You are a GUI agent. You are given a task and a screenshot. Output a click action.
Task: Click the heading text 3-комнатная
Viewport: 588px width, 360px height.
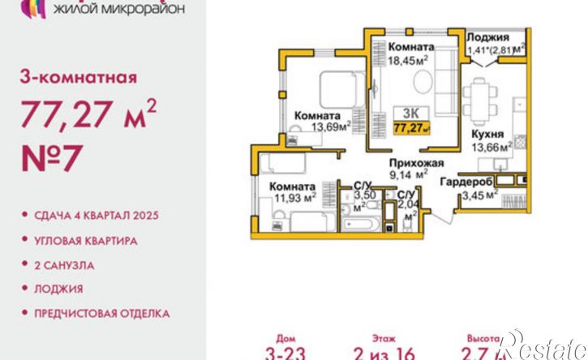pyautogui.click(x=77, y=79)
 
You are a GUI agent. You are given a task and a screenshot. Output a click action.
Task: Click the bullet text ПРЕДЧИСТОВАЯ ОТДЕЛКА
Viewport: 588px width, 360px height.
pyautogui.click(x=101, y=312)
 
